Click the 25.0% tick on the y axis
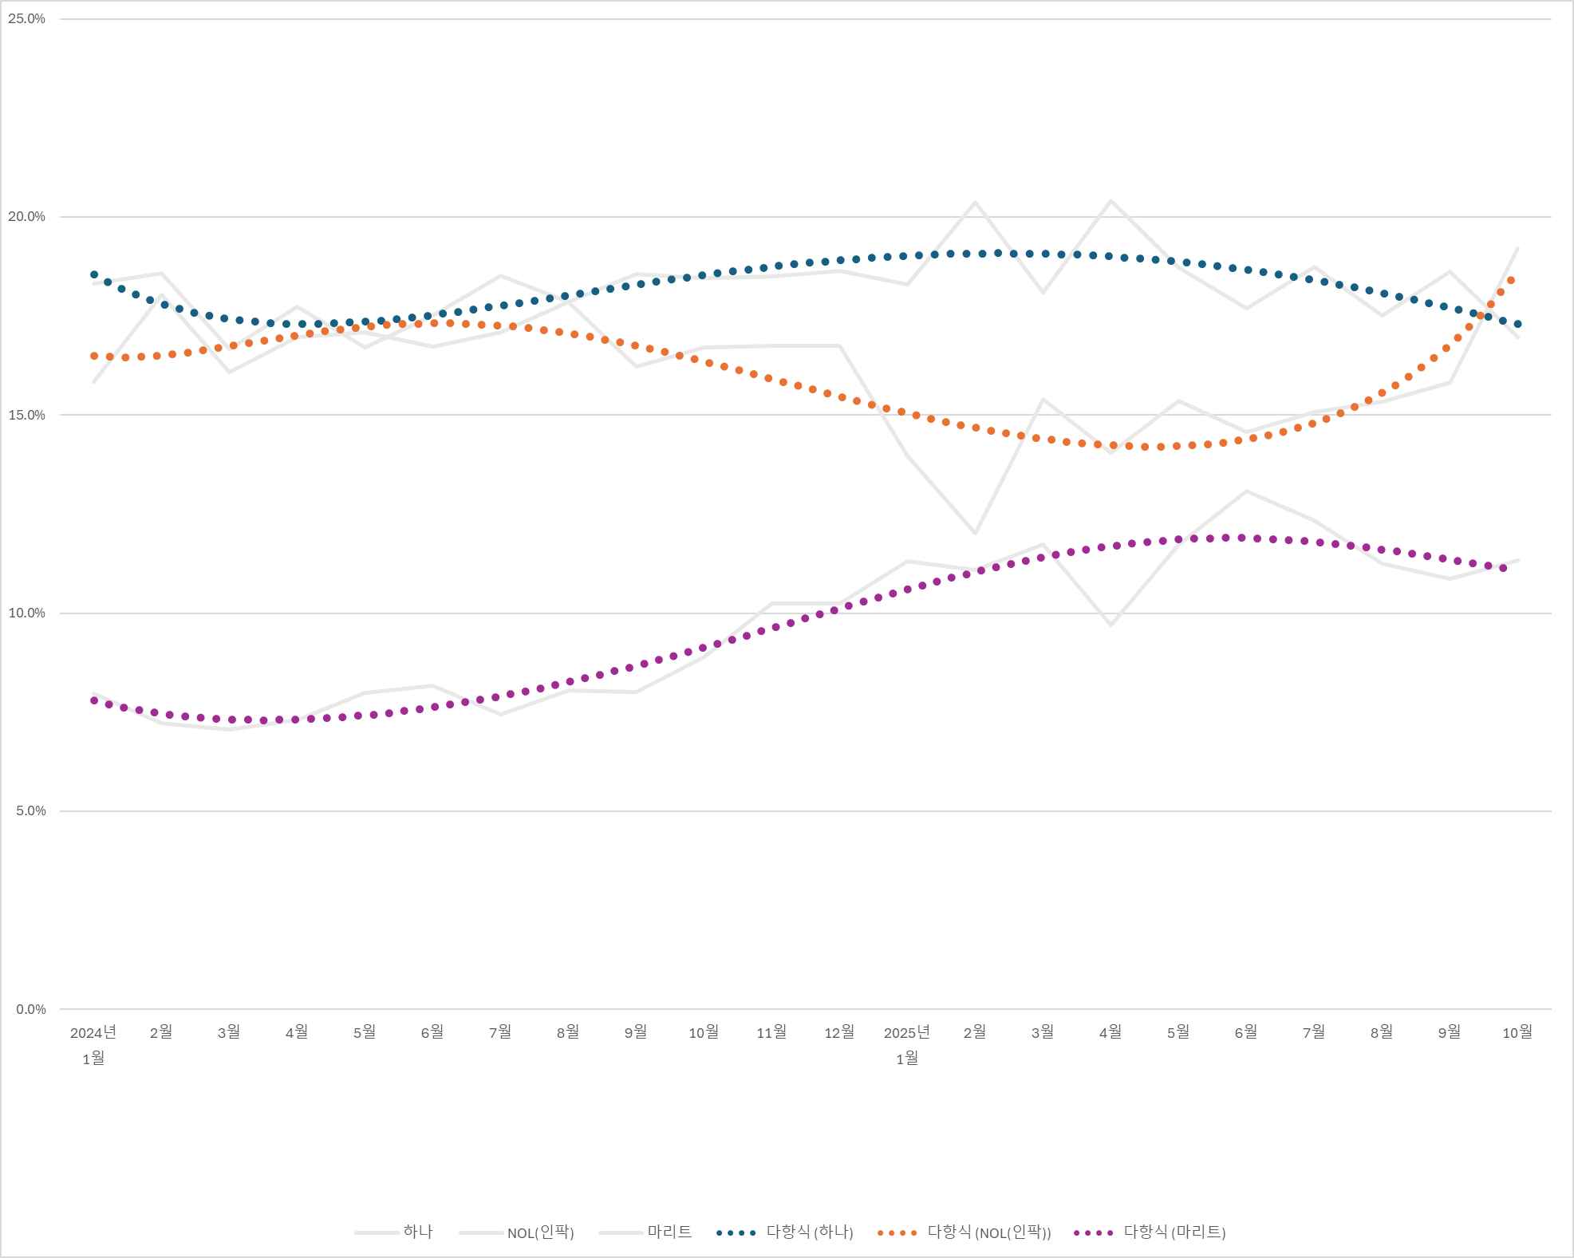pos(26,19)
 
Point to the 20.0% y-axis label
pos(26,217)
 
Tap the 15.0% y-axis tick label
pos(26,416)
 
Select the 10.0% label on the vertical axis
pos(26,613)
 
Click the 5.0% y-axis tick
pos(30,811)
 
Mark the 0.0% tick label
pos(30,1010)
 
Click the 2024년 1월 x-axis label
pos(93,1045)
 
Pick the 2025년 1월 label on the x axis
pos(907,1045)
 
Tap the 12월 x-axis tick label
pos(839,1033)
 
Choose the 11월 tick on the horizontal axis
pos(771,1033)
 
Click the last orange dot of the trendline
pos(1511,281)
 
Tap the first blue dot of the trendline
pos(94,274)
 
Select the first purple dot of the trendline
pos(94,700)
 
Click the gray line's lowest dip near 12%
pos(975,533)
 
